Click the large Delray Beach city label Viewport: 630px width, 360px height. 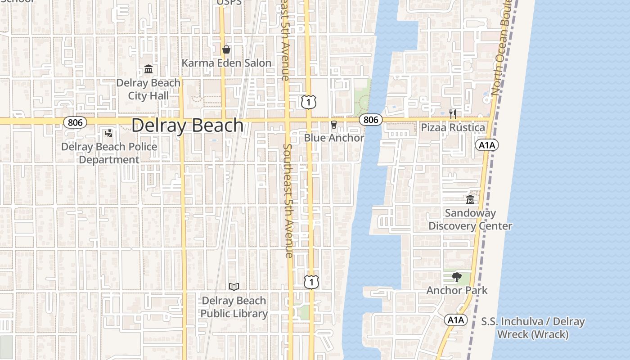pyautogui.click(x=187, y=125)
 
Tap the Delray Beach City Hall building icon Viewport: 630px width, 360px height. pyautogui.click(x=148, y=69)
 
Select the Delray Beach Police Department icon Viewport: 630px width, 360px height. pyautogui.click(x=108, y=133)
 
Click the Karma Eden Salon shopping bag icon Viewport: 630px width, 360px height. pyautogui.click(x=226, y=49)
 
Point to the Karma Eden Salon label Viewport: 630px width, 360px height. pyautogui.click(x=226, y=63)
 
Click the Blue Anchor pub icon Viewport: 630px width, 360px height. pyautogui.click(x=334, y=125)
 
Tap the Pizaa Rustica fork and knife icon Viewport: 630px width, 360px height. pyautogui.click(x=453, y=114)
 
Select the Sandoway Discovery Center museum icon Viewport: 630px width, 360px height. pyautogui.click(x=470, y=199)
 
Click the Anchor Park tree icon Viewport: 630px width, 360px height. pyautogui.click(x=457, y=277)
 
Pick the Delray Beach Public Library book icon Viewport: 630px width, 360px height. pyautogui.click(x=234, y=287)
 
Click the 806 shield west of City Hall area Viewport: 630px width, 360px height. pyautogui.click(x=75, y=122)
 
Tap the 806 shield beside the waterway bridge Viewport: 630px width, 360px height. pyautogui.click(x=371, y=120)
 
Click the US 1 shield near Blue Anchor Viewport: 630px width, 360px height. pyautogui.click(x=309, y=102)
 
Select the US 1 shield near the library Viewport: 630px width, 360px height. pyautogui.click(x=311, y=282)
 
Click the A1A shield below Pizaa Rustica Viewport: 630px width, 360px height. pyautogui.click(x=487, y=145)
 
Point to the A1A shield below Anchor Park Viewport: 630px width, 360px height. pyautogui.click(x=456, y=320)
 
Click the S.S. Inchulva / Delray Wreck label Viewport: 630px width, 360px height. pyautogui.click(x=533, y=328)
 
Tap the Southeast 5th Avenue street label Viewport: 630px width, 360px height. pyautogui.click(x=288, y=200)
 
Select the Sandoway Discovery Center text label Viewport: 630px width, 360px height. pyautogui.click(x=470, y=220)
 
